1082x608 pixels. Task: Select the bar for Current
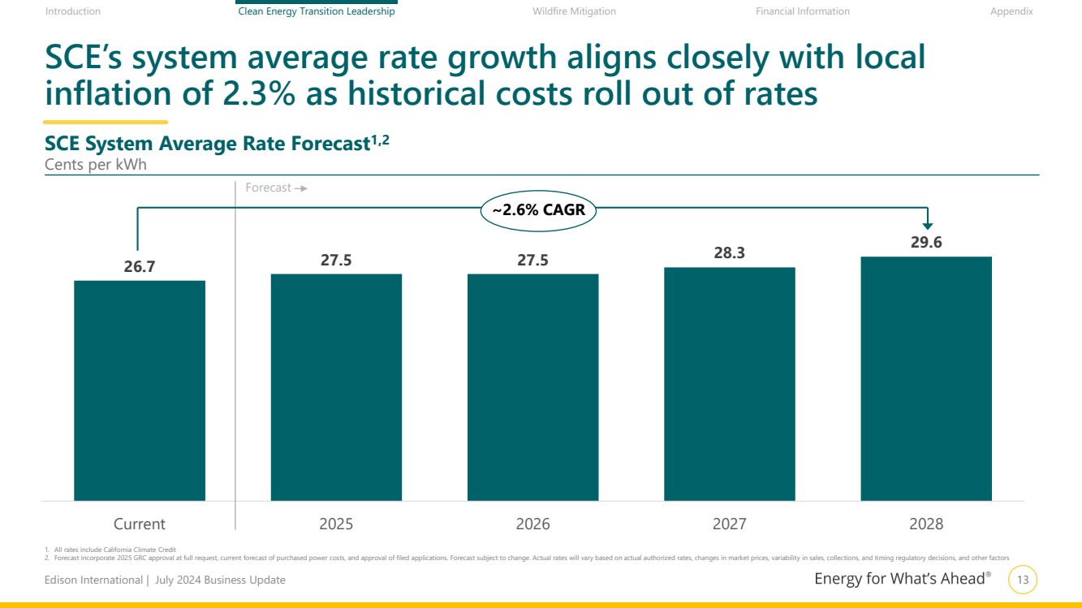[x=139, y=390]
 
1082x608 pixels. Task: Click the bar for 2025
[x=336, y=387]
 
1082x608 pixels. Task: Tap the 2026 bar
[x=532, y=387]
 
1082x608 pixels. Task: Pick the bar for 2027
[x=729, y=384]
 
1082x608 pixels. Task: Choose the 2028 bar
[x=926, y=378]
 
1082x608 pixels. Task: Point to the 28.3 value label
[x=729, y=253]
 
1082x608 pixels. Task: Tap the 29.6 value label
[x=926, y=242]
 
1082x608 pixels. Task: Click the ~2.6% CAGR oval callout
[x=538, y=210]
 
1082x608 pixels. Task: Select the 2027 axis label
[x=729, y=524]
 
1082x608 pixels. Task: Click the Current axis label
[x=139, y=524]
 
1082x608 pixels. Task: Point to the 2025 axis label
[x=336, y=524]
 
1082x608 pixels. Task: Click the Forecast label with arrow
[x=275, y=188]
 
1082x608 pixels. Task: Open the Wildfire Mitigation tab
[x=574, y=11]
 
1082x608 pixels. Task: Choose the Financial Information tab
[x=802, y=11]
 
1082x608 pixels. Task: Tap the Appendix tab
[x=1011, y=11]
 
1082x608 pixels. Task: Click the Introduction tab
[x=73, y=11]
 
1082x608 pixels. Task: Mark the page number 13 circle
[x=1022, y=580]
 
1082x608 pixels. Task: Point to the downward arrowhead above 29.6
[x=929, y=226]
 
